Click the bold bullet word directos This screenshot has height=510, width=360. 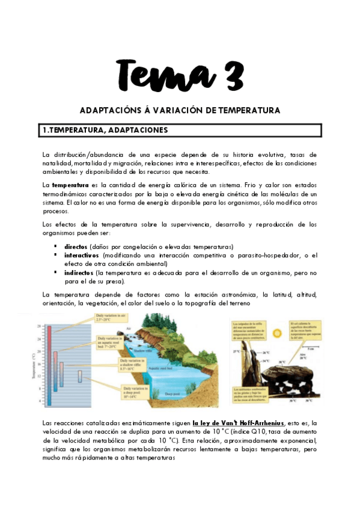(76, 247)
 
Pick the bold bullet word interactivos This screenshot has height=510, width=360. (82, 255)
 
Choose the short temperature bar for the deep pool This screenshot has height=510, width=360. (80, 376)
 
